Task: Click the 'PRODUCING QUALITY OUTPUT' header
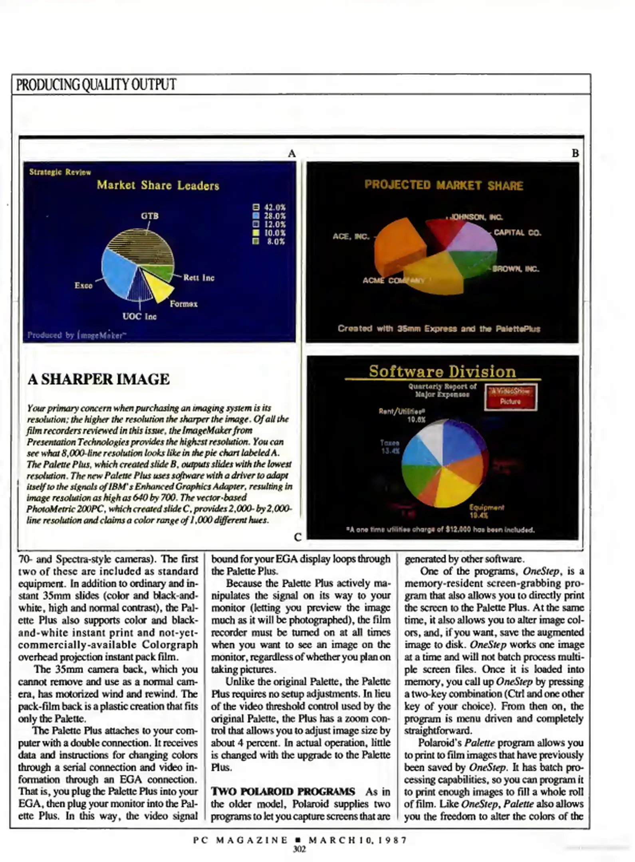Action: [96, 84]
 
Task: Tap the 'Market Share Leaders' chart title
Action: [158, 185]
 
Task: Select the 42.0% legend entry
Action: [270, 207]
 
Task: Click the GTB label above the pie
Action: [150, 216]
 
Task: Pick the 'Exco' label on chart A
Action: [83, 285]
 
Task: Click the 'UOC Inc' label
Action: [139, 316]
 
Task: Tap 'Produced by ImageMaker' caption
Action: [76, 335]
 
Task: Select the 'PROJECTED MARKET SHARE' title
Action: [443, 185]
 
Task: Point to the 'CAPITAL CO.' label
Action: [517, 233]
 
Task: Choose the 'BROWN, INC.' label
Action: [516, 269]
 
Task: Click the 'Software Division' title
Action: [442, 372]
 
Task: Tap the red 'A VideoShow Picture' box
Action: [510, 397]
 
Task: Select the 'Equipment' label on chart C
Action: [486, 508]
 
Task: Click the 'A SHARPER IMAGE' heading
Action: [99, 379]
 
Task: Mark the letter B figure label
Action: [575, 153]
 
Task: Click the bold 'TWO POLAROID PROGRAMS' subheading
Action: [283, 791]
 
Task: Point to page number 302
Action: [300, 849]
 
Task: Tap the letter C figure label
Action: [298, 537]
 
